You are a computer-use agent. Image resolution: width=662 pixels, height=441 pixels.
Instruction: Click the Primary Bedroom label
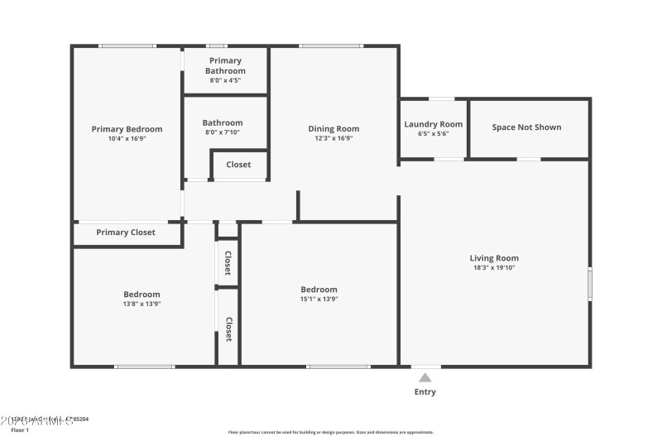click(x=127, y=129)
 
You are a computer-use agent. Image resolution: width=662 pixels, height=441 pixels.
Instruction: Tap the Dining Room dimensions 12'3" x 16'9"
click(x=333, y=139)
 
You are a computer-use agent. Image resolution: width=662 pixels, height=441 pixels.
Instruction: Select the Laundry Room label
click(x=433, y=124)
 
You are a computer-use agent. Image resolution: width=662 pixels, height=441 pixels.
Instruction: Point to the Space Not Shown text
click(x=526, y=127)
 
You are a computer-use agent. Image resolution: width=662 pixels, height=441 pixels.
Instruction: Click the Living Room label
click(x=494, y=257)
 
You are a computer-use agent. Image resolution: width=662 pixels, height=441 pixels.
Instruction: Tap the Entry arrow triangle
click(x=425, y=377)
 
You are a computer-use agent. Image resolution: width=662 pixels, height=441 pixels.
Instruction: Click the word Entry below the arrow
click(x=425, y=392)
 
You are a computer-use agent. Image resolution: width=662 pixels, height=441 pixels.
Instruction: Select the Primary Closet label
click(x=126, y=232)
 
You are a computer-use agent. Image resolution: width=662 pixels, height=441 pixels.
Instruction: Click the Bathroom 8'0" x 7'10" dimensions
click(x=222, y=132)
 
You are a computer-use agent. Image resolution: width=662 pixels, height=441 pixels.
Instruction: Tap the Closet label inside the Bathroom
click(x=238, y=165)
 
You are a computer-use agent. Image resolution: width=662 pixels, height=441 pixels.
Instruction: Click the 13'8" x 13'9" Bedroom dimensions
click(x=142, y=304)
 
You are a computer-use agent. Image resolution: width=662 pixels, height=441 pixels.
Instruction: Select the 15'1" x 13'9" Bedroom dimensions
click(x=319, y=299)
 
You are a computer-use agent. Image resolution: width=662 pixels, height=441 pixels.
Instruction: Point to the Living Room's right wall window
click(x=590, y=283)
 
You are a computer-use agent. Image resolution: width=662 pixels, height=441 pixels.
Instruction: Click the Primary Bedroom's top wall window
click(x=127, y=46)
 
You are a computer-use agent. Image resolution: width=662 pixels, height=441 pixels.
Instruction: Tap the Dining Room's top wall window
click(x=331, y=46)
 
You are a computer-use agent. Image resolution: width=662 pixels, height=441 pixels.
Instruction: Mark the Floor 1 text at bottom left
click(x=20, y=430)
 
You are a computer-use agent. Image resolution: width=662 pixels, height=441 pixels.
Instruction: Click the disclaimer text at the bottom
click(x=331, y=432)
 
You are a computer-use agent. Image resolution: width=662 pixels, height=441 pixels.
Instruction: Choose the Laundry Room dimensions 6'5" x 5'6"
click(x=433, y=134)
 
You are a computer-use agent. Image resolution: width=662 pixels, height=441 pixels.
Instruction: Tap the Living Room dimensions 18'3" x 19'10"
click(x=494, y=267)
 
